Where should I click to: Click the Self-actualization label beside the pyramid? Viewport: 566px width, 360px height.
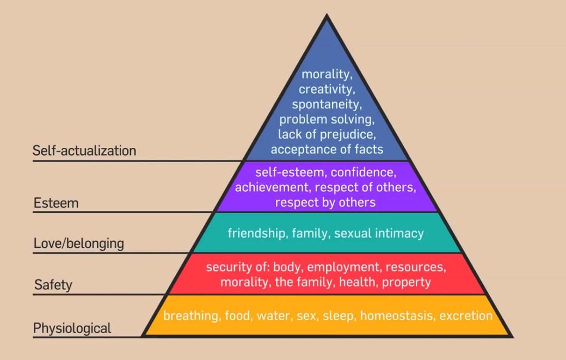point(84,151)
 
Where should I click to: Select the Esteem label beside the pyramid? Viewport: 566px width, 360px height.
point(56,203)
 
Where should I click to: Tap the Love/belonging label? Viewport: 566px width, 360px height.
point(79,243)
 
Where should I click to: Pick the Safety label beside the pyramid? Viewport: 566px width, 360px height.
point(53,284)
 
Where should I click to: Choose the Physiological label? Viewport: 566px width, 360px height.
point(72,328)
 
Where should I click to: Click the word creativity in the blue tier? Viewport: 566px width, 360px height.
point(327,89)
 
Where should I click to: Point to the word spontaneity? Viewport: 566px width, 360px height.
point(327,103)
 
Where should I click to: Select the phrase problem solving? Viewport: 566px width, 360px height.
point(327,119)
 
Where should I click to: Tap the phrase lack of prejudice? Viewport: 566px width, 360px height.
point(327,134)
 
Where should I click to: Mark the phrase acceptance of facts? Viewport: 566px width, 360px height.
point(327,149)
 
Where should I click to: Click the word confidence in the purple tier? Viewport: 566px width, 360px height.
point(363,173)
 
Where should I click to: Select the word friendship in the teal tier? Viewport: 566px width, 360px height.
point(257,233)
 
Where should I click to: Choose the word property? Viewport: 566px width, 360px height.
point(406,282)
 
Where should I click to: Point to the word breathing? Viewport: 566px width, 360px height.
point(191,316)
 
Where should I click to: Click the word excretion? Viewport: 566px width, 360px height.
point(466,316)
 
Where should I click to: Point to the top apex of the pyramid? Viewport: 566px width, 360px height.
point(327,16)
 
